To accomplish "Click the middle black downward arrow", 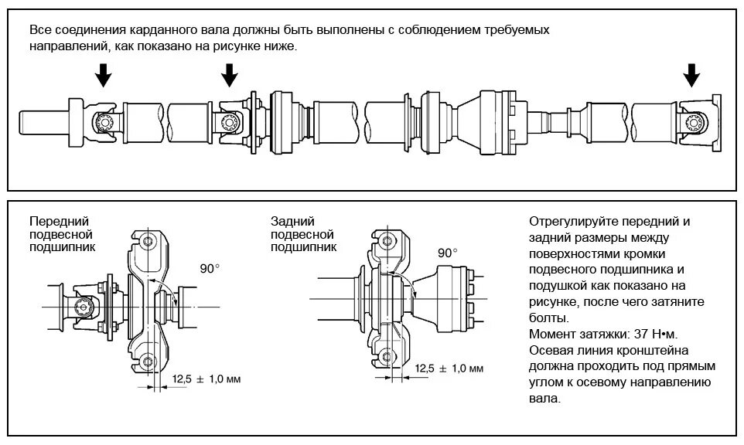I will click(x=230, y=75).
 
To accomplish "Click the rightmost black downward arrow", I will click(x=691, y=75).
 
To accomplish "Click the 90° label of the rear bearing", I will click(x=448, y=253).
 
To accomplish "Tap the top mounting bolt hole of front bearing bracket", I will click(x=148, y=242).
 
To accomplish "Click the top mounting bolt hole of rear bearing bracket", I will click(x=381, y=239).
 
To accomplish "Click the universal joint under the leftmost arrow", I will click(x=102, y=121).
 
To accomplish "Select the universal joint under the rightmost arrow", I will click(x=694, y=121).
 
